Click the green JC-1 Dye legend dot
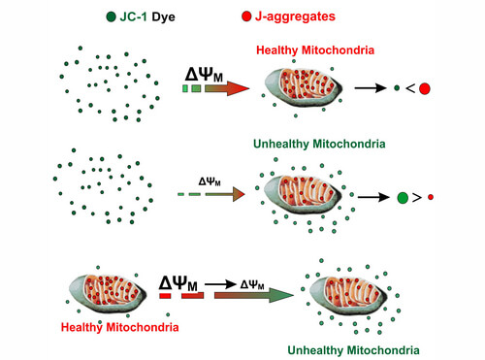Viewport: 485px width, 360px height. point(111,16)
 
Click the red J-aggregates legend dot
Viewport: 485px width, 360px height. point(246,16)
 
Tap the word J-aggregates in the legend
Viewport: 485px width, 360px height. point(295,16)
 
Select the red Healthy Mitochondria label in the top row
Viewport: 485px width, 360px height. point(315,50)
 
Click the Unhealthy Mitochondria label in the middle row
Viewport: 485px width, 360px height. point(319,144)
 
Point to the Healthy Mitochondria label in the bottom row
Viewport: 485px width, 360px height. point(119,327)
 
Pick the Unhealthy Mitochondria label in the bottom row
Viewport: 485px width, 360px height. point(353,350)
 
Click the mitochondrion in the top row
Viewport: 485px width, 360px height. point(304,86)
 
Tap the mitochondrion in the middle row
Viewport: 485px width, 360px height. point(303,194)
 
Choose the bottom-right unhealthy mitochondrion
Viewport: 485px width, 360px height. point(348,296)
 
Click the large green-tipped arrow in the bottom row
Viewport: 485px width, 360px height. point(254,295)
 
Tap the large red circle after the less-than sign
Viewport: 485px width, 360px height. point(425,88)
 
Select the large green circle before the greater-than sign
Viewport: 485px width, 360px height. point(403,197)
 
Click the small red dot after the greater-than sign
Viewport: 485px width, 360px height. point(431,197)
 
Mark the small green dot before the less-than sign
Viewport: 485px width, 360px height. point(397,87)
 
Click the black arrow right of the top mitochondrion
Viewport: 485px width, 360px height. point(371,87)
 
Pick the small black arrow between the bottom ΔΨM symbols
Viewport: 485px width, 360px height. point(220,284)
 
